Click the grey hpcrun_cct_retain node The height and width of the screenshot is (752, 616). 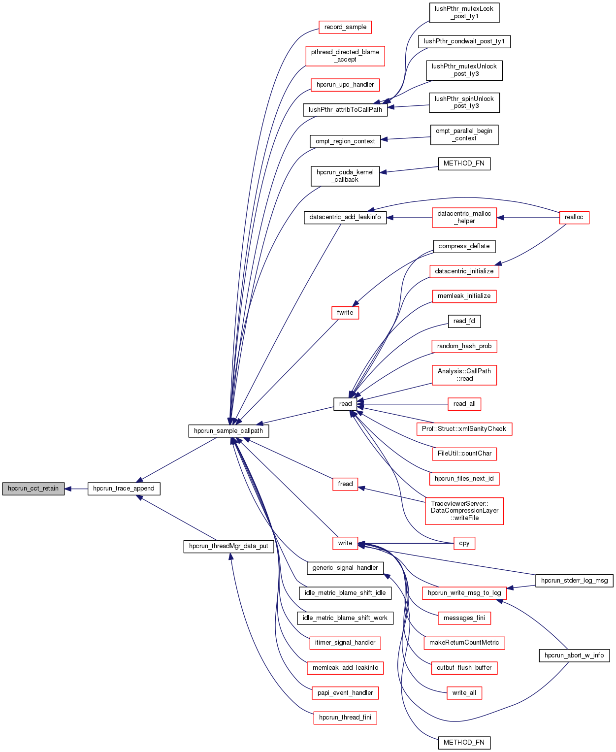click(x=33, y=489)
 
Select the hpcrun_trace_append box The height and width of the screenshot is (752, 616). click(x=124, y=489)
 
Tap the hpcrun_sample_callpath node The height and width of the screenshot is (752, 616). click(x=228, y=431)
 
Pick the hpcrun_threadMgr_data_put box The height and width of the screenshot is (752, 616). click(x=228, y=546)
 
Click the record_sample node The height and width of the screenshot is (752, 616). click(x=345, y=27)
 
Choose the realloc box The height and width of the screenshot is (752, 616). click(x=574, y=217)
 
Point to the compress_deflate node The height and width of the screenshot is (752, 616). click(x=464, y=246)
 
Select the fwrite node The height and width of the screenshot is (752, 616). click(x=345, y=313)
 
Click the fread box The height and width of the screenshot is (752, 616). click(x=345, y=484)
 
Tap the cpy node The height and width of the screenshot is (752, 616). click(x=464, y=543)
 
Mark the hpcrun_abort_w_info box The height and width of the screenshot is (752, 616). click(x=574, y=655)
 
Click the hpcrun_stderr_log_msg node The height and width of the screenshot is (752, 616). click(x=574, y=581)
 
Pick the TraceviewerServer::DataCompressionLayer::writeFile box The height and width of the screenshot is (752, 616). click(x=464, y=511)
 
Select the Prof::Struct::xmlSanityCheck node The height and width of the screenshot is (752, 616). click(x=464, y=429)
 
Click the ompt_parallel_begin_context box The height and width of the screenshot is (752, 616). click(x=464, y=134)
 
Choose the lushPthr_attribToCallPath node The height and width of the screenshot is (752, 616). click(x=345, y=110)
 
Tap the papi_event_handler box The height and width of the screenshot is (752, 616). click(x=345, y=693)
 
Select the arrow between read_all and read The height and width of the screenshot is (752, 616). click(x=404, y=404)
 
